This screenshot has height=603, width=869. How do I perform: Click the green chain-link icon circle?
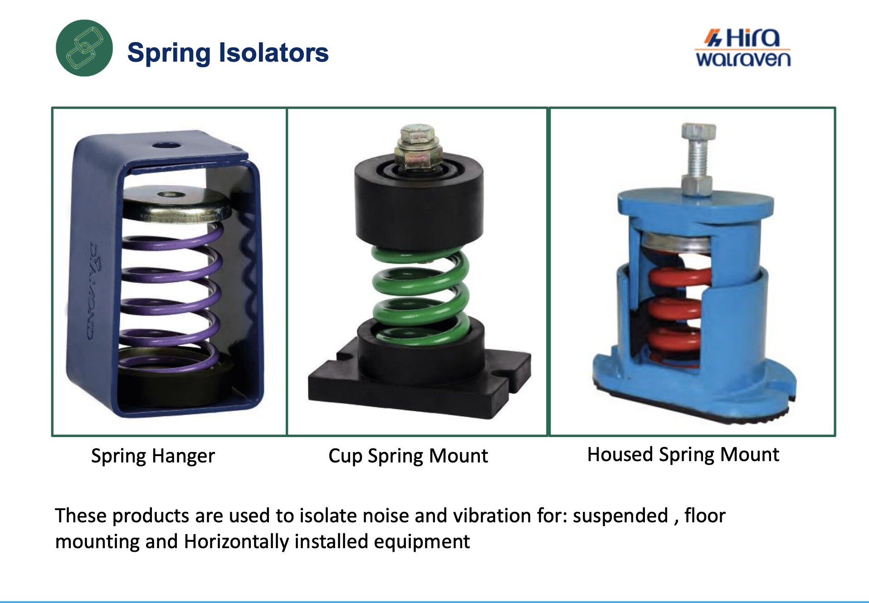click(84, 48)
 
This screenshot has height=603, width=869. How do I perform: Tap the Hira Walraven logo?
click(743, 48)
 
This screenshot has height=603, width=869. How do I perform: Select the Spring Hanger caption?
click(153, 456)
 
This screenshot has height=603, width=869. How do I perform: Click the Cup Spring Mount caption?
click(408, 456)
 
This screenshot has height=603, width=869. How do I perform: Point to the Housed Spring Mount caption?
click(683, 455)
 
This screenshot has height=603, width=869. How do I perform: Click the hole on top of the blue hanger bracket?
click(166, 146)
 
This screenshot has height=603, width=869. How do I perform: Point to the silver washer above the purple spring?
click(177, 204)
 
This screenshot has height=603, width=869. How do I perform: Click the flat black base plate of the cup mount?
click(420, 385)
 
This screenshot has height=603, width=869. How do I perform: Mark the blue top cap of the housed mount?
click(695, 204)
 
